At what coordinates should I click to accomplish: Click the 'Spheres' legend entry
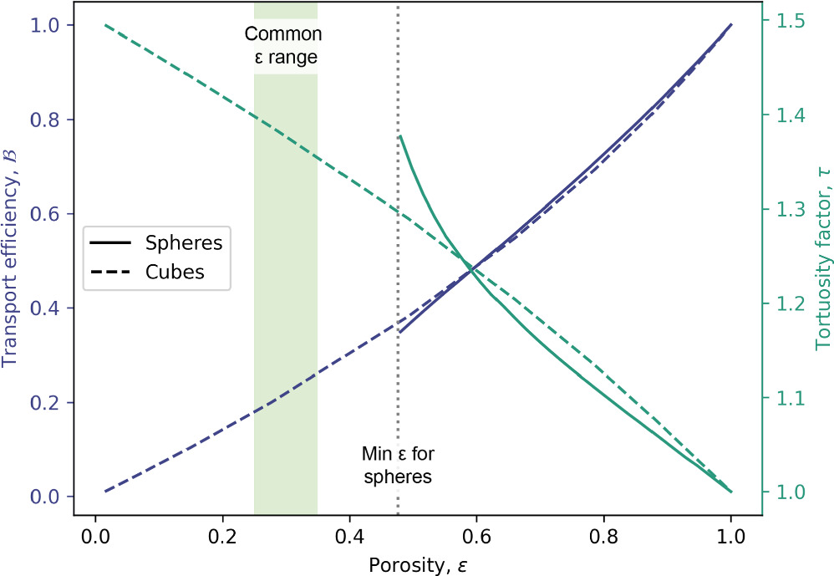pyautogui.click(x=183, y=243)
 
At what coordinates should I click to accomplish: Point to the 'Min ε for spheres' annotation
pyautogui.click(x=398, y=466)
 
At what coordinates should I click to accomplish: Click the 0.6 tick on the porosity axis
pyautogui.click(x=477, y=536)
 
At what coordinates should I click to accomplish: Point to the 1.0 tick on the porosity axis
pyautogui.click(x=731, y=536)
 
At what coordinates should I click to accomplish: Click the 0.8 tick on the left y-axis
pyautogui.click(x=48, y=120)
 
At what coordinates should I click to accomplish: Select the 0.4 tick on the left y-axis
pyautogui.click(x=48, y=308)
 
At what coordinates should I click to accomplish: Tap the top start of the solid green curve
pyautogui.click(x=400, y=135)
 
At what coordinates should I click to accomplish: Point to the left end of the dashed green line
pyautogui.click(x=104, y=25)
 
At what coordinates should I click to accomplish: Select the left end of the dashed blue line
pyautogui.click(x=104, y=492)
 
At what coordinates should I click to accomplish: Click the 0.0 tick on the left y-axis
pyautogui.click(x=48, y=497)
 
